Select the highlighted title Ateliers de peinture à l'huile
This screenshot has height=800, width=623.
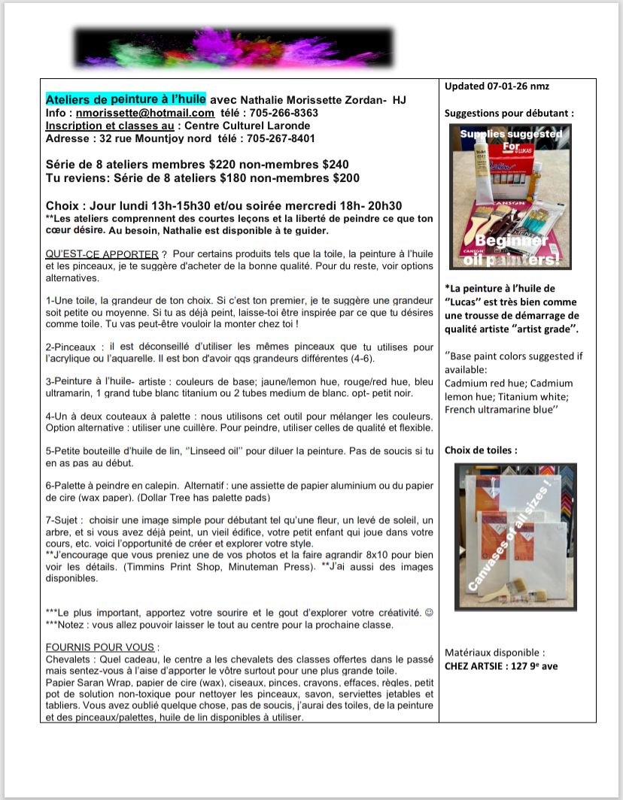(126, 99)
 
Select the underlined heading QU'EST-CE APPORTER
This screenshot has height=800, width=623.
(102, 254)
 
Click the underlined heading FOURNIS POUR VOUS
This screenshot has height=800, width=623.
(102, 647)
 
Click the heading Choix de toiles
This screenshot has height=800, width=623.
(480, 450)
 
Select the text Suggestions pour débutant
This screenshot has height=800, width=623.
(509, 113)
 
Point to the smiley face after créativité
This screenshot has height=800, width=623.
(429, 611)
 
